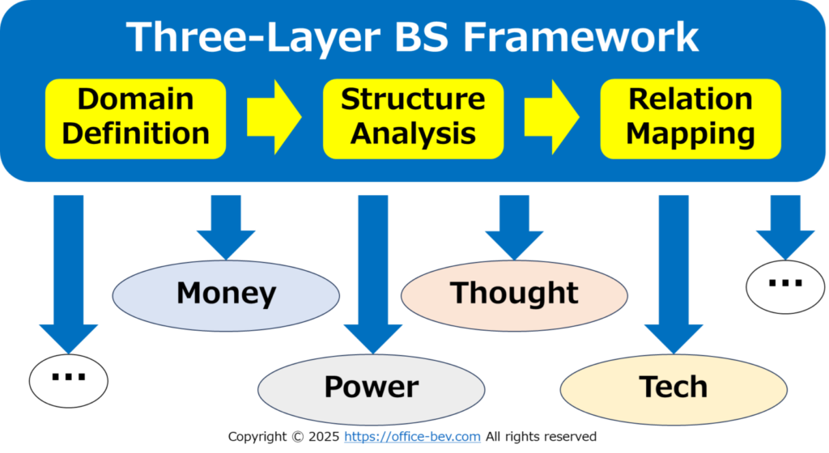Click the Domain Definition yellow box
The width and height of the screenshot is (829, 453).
(x=135, y=119)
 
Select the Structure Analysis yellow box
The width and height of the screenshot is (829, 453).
(x=413, y=119)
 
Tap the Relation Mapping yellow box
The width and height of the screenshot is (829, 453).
(x=691, y=119)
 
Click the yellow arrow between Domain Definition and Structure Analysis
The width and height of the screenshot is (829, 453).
(x=274, y=117)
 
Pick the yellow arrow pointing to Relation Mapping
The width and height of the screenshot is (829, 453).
(x=551, y=117)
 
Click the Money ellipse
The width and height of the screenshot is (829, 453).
(x=226, y=296)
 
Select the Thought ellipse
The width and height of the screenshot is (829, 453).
(x=514, y=296)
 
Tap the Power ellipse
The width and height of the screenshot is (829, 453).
(x=371, y=390)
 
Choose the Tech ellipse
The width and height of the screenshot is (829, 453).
(x=674, y=390)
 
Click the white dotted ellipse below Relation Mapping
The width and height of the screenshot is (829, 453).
(x=785, y=287)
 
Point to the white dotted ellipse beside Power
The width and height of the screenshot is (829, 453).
(x=69, y=381)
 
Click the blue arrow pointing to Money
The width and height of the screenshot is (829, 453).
(x=226, y=227)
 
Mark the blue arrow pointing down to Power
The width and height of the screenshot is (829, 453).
(x=372, y=274)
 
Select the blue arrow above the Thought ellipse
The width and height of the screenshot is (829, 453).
(x=514, y=227)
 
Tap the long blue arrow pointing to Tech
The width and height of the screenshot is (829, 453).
(x=674, y=274)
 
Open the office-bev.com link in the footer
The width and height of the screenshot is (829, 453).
(x=412, y=437)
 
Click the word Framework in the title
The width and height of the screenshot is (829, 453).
(x=580, y=37)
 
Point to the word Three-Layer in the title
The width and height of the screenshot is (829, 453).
(x=253, y=38)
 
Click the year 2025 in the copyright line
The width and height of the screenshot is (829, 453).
(x=324, y=437)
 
